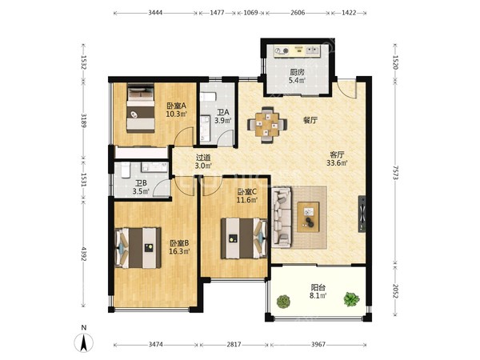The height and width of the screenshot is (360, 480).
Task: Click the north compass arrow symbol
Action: coord(83,342)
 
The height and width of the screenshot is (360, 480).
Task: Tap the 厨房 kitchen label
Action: coord(298,73)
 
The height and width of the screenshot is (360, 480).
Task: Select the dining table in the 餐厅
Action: coord(267,125)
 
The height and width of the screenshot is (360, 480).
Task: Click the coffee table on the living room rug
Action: coord(308,217)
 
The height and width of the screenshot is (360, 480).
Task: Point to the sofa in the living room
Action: coord(282,217)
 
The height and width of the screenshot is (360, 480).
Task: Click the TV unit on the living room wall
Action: coord(362,214)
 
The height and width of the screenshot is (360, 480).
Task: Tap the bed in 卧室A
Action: coord(141,108)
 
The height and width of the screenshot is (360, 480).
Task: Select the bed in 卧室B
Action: coord(138,248)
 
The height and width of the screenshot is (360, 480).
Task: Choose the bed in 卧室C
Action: coord(244,238)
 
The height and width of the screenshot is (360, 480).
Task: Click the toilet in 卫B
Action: coord(126,170)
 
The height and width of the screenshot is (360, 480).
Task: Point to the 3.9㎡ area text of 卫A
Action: coord(223,121)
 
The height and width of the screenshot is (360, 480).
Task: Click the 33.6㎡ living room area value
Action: coord(337,163)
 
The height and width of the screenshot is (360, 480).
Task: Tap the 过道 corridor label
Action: coord(203,158)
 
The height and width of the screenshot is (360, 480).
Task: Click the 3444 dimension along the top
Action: coord(155,13)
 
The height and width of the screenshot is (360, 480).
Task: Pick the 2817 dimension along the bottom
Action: coord(234,344)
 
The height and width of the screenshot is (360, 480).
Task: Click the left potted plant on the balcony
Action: coord(283,302)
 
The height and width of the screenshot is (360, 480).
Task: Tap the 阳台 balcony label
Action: coord(318,287)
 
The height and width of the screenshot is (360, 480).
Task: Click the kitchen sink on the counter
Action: coord(312,50)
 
